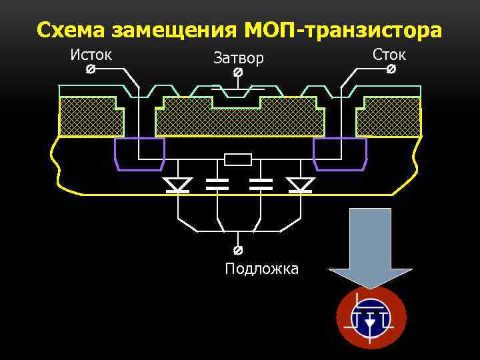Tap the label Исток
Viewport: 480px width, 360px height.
pos(91,54)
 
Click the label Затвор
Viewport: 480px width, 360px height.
pos(239,58)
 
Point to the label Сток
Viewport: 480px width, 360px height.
pos(389,54)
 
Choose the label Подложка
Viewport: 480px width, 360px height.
pos(261,269)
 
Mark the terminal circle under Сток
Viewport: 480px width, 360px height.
pos(391,69)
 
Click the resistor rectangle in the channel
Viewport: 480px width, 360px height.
pos(238,159)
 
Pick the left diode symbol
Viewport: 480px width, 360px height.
pos(177,185)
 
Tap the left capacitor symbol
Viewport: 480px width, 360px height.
pos(217,185)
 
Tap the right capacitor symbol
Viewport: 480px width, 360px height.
pos(260,185)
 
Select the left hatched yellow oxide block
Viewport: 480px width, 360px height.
pos(91,116)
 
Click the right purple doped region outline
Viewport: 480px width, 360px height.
pos(340,154)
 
